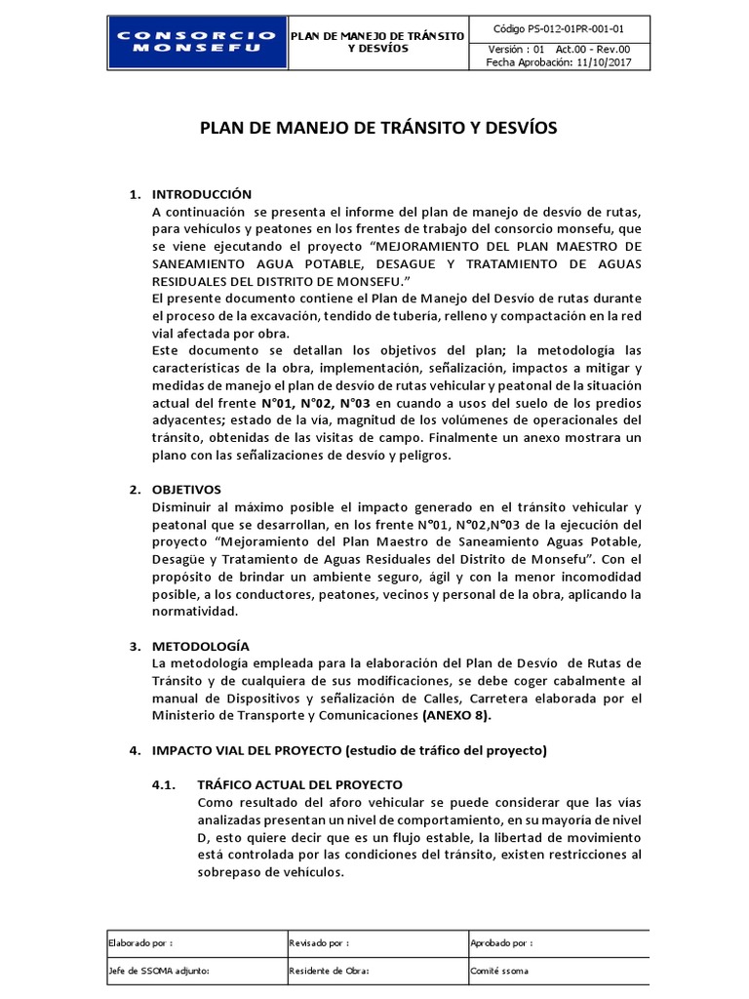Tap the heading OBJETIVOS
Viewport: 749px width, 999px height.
187,489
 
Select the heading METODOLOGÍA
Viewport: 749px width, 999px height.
201,646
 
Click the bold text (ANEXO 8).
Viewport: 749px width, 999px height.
457,715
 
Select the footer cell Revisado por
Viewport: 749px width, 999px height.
320,943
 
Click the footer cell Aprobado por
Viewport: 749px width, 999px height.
501,943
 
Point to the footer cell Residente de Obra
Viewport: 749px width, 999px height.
329,972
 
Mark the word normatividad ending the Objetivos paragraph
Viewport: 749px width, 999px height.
195,612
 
